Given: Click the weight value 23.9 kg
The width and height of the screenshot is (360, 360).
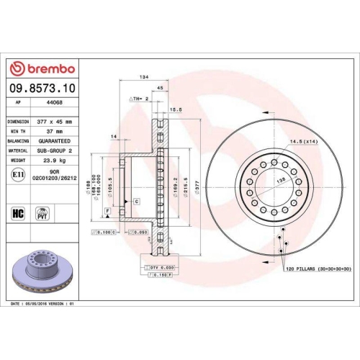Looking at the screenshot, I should coord(55,160).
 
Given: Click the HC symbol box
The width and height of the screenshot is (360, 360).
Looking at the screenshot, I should coord(18,214).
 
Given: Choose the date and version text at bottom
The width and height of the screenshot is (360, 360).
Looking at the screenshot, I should coord(43,305).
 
